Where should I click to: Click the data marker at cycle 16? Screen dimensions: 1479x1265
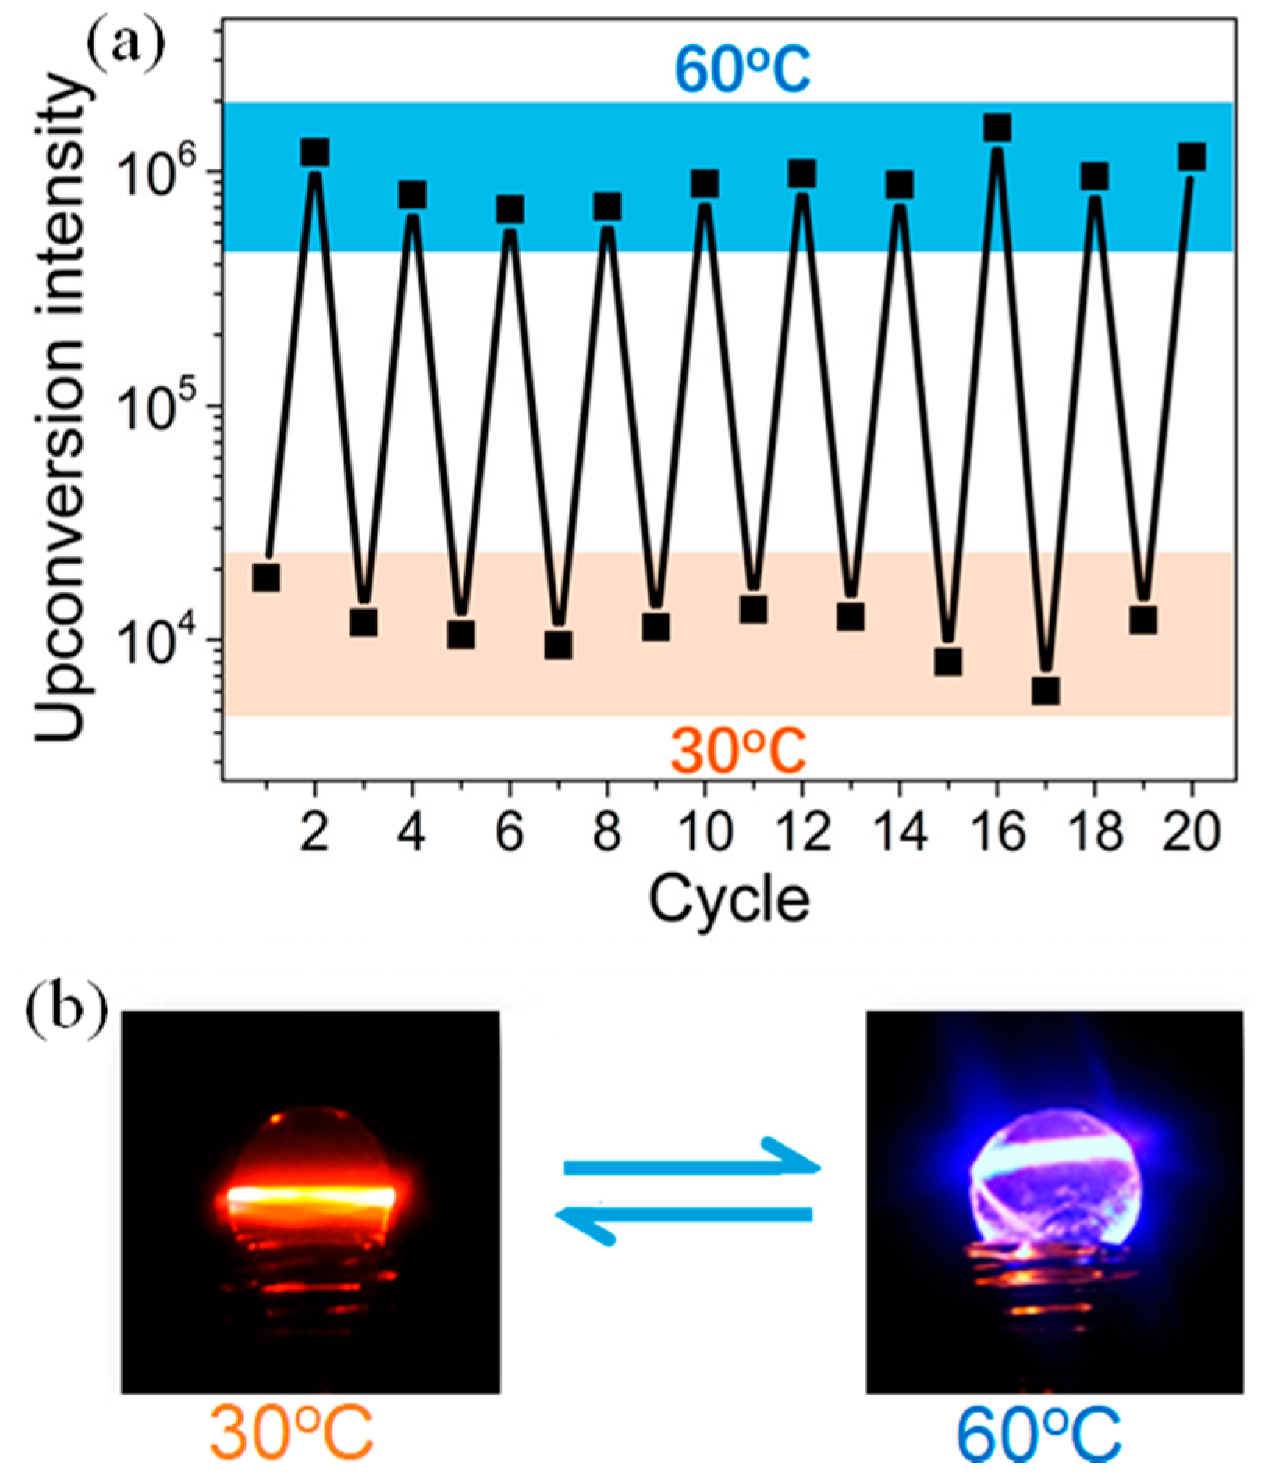997,127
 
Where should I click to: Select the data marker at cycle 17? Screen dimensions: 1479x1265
1046,691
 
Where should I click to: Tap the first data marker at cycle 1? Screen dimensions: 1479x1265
266,578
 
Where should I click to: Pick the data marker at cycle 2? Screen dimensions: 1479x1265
314,153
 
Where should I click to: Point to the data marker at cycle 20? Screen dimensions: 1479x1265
1192,157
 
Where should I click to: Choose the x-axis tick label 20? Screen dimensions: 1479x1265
1191,833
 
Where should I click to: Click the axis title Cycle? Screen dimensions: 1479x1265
729,900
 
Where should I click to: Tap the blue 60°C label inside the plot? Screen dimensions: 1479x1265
742,69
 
